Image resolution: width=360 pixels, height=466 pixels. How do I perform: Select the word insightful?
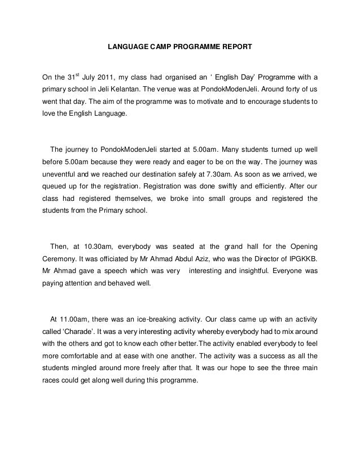(x=248, y=279)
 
